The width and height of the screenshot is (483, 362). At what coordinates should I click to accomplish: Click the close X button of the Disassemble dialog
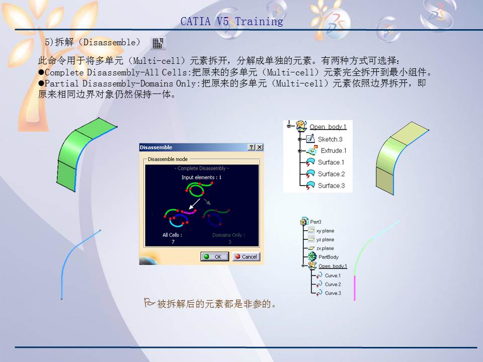[260, 147]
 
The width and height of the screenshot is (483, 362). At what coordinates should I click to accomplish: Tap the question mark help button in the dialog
[252, 147]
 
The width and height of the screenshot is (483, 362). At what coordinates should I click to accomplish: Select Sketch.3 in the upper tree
[330, 139]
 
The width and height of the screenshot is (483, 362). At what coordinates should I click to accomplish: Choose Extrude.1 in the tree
[333, 151]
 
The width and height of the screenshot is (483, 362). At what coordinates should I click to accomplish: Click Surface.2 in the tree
[331, 174]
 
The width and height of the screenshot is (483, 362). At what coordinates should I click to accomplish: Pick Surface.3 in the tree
[331, 186]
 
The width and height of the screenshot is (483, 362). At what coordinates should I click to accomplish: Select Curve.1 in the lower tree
[333, 276]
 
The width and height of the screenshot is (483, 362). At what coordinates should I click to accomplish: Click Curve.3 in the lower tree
[333, 293]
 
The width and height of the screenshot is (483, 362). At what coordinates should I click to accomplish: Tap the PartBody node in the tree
[328, 257]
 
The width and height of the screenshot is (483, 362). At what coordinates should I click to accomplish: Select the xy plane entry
[325, 231]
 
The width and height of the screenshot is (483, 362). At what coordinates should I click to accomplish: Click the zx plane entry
[325, 248]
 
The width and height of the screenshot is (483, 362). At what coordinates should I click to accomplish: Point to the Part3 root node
[315, 222]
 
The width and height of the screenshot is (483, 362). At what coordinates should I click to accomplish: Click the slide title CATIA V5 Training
[231, 22]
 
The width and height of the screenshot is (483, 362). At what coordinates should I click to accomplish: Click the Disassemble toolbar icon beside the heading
[158, 43]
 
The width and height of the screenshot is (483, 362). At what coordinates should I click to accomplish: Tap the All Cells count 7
[173, 242]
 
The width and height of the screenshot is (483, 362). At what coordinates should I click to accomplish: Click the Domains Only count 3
[229, 242]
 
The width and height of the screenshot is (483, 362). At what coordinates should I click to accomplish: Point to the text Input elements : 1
[201, 177]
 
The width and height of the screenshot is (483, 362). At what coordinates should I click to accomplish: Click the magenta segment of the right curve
[355, 288]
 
